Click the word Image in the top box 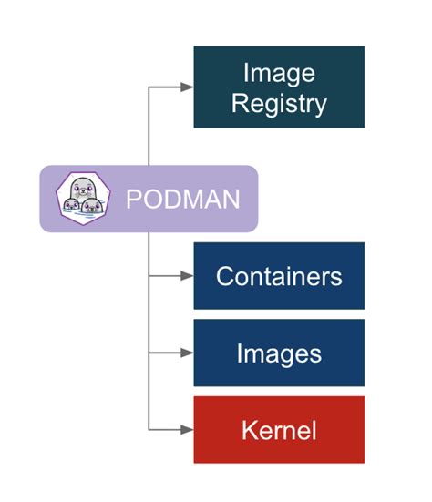(x=279, y=72)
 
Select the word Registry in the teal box (x=279, y=102)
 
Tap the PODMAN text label (x=182, y=199)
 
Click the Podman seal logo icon (x=81, y=198)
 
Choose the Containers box (x=279, y=276)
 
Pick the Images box (x=279, y=353)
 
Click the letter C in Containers (x=224, y=276)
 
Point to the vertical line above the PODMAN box (x=149, y=128)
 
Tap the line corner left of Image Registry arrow (x=149, y=87)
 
